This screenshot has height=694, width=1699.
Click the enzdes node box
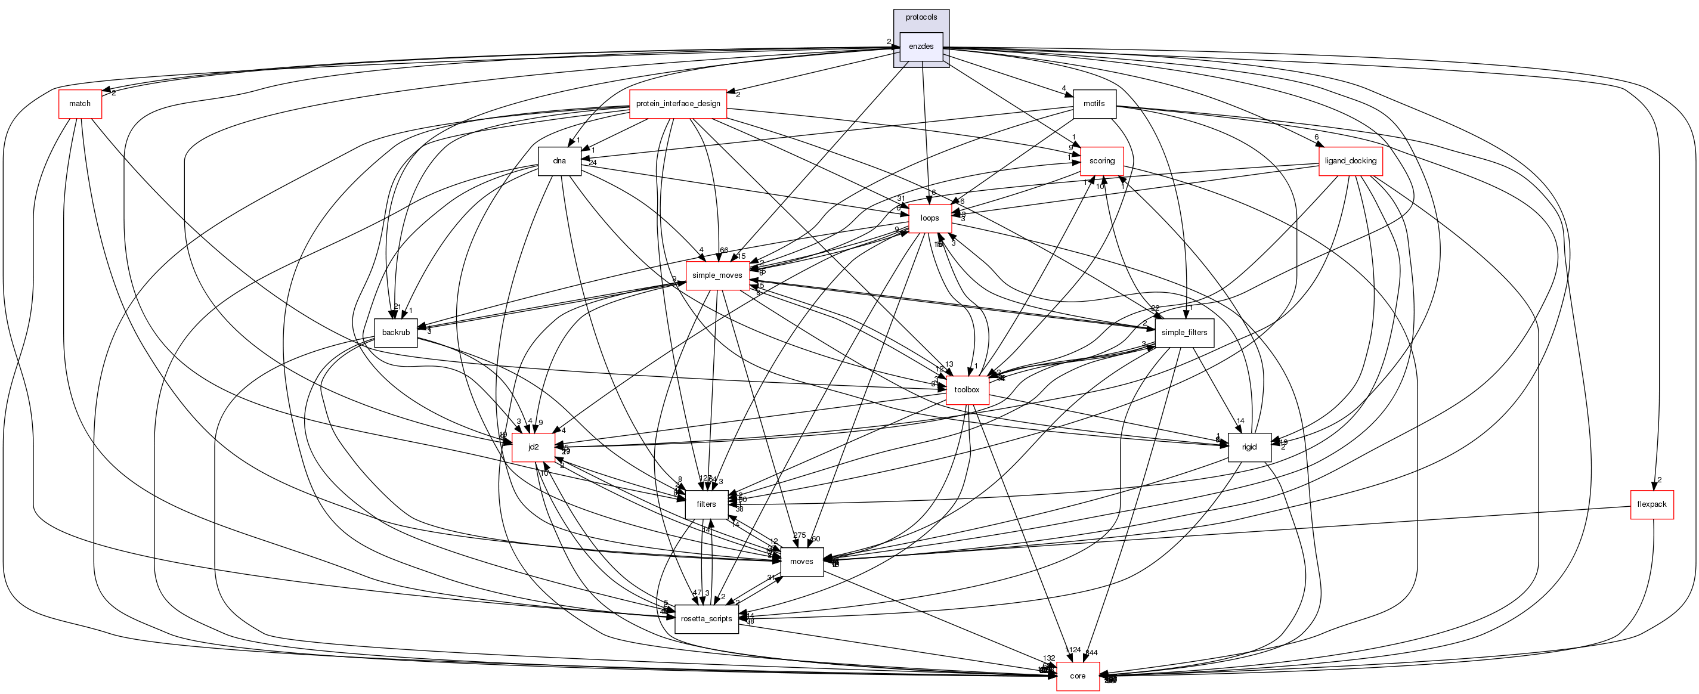921,46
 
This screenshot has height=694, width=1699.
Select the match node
80,104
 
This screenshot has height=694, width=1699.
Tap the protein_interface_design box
677,104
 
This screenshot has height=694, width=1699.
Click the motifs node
1094,104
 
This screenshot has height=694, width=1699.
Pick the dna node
559,161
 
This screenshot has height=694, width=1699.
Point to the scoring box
1101,161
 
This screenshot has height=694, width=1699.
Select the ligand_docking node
1350,161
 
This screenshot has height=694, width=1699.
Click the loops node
929,218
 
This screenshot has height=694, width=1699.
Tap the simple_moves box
717,275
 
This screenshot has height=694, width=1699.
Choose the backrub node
396,333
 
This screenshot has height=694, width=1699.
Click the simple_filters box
1184,333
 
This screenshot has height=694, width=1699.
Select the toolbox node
966,390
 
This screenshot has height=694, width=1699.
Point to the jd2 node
533,447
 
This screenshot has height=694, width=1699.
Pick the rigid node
1249,447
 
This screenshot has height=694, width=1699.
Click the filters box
705,504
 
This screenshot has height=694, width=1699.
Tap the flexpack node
1651,504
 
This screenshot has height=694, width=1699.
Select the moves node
801,562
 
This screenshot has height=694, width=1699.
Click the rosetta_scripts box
705,619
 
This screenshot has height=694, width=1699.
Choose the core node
1078,676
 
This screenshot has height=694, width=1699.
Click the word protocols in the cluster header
921,17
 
